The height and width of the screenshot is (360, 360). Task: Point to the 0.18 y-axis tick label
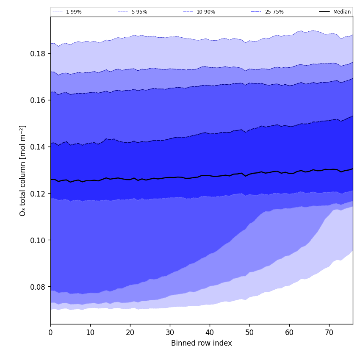[x=38, y=54]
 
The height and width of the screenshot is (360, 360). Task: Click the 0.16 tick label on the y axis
[x=38, y=100]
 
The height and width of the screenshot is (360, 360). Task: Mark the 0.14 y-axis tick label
[x=38, y=147]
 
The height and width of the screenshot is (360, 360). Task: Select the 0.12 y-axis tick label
[x=38, y=194]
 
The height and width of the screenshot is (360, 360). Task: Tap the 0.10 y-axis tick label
[x=38, y=240]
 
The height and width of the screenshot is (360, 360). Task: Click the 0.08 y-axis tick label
[x=38, y=287]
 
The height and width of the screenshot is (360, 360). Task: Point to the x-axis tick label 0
[x=50, y=333]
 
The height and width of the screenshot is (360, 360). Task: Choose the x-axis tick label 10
[x=90, y=333]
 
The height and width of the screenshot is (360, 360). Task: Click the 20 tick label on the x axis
[x=130, y=333]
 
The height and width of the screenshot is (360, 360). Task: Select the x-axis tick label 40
[x=210, y=333]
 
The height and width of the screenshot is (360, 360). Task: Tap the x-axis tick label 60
[x=289, y=333]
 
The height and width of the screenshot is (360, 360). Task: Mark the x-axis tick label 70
[x=329, y=333]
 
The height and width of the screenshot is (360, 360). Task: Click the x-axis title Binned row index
[x=202, y=343]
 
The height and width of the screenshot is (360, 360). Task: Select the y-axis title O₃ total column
[x=23, y=170]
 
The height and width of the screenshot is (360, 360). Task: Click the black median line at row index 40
[x=210, y=175]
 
